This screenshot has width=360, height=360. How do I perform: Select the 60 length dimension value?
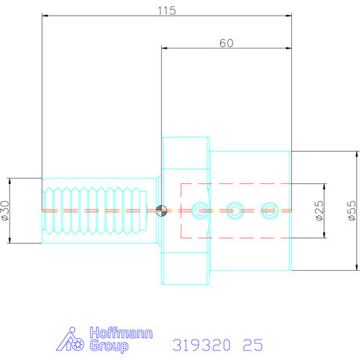(x=225, y=44)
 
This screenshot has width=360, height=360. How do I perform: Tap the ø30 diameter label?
(x=7, y=211)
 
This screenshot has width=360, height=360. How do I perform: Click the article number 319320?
(x=204, y=344)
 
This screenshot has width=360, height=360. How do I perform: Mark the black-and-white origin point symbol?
(x=161, y=210)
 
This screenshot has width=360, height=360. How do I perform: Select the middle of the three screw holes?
(x=233, y=210)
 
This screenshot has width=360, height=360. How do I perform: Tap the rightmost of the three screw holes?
(x=269, y=210)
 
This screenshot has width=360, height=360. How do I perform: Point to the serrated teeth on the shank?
(x=90, y=210)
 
